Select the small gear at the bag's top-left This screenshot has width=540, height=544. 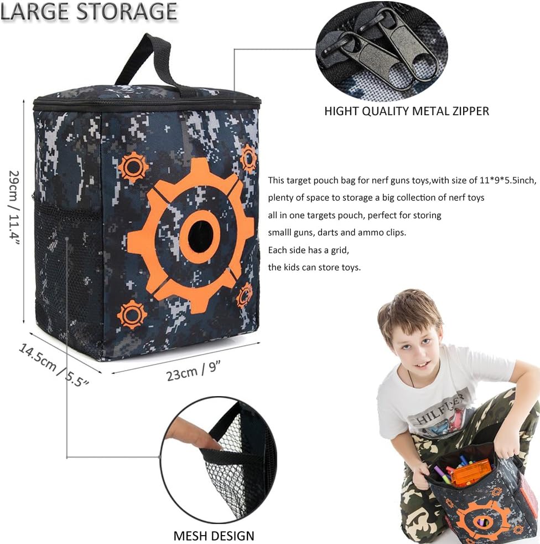(x=133, y=167)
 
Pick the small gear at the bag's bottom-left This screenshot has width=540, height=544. (x=132, y=314)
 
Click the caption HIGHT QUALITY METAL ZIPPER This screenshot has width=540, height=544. (x=407, y=111)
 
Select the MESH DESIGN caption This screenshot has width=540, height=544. (x=214, y=536)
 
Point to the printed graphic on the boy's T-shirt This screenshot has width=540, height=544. (x=443, y=413)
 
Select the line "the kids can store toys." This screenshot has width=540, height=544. (x=314, y=267)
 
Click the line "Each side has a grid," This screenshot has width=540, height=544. (x=308, y=250)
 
